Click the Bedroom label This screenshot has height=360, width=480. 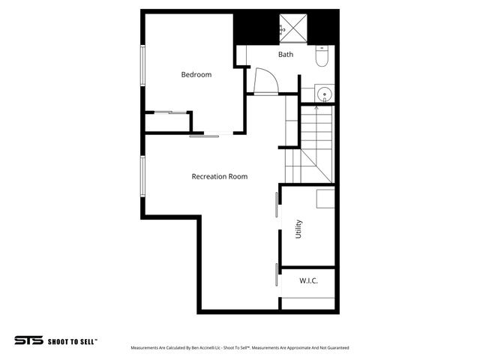coord(196,74)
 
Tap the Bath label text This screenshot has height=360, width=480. coord(286,55)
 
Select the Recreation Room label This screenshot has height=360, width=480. coord(219,177)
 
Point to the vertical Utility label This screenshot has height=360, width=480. coord(298,228)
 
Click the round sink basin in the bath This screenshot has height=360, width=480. coord(324,94)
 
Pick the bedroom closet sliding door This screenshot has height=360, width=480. coord(169,112)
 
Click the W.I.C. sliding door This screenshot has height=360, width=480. coord(277,274)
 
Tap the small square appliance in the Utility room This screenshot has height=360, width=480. coord(325,199)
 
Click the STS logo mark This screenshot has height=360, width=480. coord(28,340)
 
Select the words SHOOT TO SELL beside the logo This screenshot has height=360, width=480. coord(73,340)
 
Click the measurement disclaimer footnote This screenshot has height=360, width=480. coord(239,348)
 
